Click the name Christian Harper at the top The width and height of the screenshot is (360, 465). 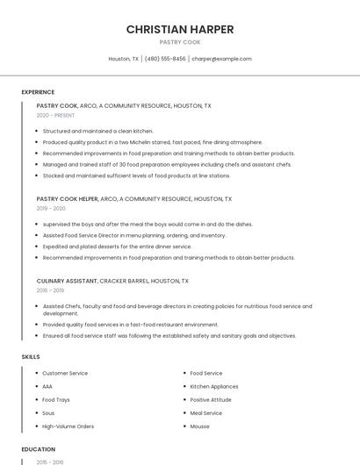point(180,29)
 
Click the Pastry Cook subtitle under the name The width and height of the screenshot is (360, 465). point(180,42)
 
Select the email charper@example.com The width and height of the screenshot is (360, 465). point(221,59)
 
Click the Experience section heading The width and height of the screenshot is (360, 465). point(38,92)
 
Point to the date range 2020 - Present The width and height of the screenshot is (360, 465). point(55,115)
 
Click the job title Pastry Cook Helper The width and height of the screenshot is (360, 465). point(68,199)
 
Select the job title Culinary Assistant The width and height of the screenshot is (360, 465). point(67,282)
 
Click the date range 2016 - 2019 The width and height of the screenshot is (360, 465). point(50,290)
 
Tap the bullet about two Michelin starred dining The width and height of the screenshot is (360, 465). point(152,142)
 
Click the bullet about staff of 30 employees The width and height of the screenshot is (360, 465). point(167,164)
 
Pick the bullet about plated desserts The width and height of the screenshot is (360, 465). point(117,247)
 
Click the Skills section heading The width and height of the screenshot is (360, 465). point(30,357)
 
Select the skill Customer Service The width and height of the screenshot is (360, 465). point(65,374)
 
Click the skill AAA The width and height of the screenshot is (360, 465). point(47,387)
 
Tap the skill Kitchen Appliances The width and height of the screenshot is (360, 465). point(213,387)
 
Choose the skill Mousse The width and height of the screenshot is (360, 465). point(200,426)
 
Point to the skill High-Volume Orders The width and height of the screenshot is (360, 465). point(68,426)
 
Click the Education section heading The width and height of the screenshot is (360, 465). point(38,449)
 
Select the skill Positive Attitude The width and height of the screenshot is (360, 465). point(212,400)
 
